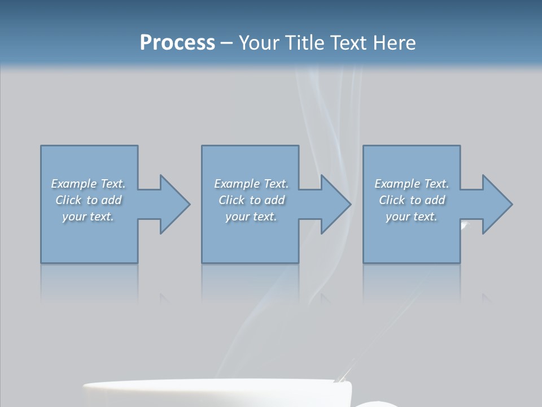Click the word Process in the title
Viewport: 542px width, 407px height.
(x=177, y=43)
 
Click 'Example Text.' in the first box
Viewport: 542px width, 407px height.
(x=88, y=184)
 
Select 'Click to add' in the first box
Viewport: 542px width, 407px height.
(x=88, y=200)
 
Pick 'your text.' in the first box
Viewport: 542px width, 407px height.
(x=88, y=217)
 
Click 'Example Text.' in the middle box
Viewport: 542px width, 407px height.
(x=251, y=184)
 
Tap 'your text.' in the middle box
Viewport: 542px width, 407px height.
(x=251, y=217)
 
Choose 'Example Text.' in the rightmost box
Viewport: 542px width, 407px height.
(x=412, y=184)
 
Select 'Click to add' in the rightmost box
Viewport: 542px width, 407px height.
(x=412, y=200)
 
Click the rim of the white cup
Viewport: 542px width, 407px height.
(x=215, y=384)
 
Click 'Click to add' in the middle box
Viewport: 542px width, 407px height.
(x=251, y=200)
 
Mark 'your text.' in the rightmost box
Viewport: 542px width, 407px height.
(x=412, y=217)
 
